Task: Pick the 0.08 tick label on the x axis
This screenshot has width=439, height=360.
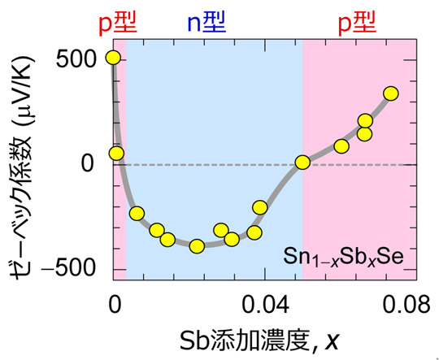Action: [406, 303]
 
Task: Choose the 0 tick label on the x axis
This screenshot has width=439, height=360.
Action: [115, 303]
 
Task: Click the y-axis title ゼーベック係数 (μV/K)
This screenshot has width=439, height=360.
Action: [29, 163]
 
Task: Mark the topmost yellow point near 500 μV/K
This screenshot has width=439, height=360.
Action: [113, 57]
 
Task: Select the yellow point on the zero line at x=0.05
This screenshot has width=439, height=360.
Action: [302, 163]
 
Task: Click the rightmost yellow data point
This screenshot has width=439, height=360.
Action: [390, 93]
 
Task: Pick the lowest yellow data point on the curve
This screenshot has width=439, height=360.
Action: [197, 246]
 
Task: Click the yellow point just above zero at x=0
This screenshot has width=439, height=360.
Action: [116, 153]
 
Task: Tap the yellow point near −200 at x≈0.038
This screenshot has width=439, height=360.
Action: [260, 207]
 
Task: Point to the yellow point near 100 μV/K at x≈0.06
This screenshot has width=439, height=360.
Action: [341, 146]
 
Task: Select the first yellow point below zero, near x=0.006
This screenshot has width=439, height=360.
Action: [137, 213]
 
